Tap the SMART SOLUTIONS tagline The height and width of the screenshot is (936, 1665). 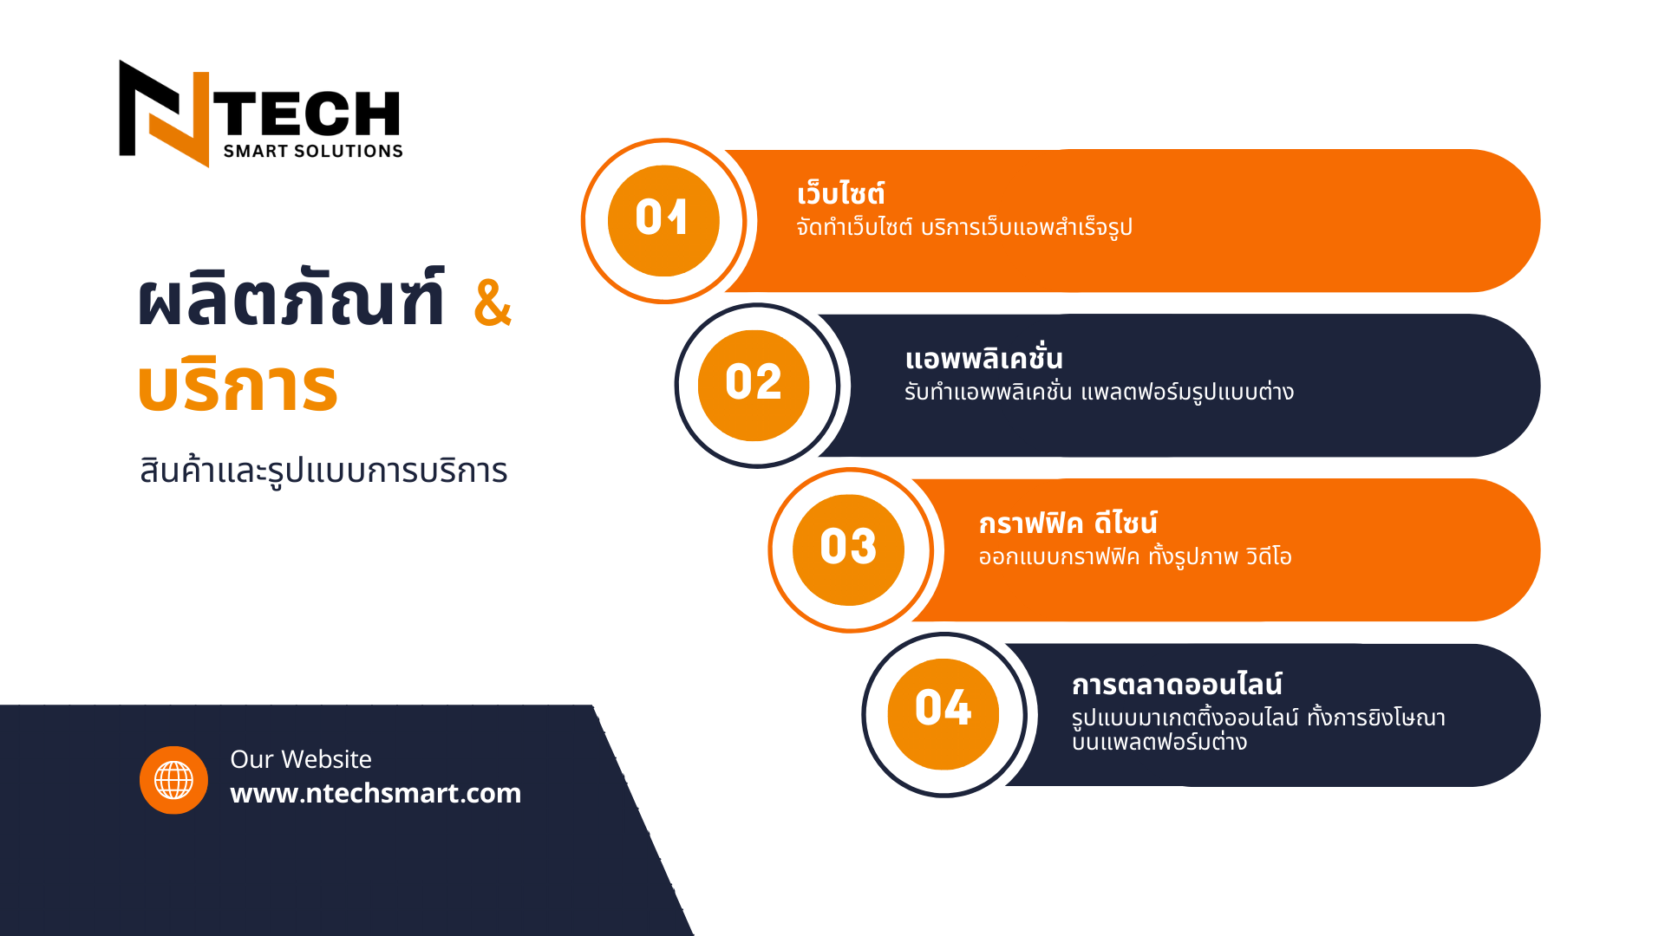click(313, 152)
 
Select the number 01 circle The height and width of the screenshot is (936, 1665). click(663, 221)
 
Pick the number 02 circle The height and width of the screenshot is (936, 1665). click(754, 385)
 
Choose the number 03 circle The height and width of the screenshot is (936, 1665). click(848, 549)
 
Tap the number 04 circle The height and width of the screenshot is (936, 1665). click(943, 714)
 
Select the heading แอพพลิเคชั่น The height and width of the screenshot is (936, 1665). click(983, 357)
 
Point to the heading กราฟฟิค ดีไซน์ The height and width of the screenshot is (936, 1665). click(1068, 523)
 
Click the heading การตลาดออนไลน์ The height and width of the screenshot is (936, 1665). click(1177, 684)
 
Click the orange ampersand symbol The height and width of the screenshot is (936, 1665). click(493, 302)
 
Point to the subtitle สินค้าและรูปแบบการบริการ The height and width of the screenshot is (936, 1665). click(323, 471)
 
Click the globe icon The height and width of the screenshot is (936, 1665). click(173, 780)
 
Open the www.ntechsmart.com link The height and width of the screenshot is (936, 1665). click(375, 793)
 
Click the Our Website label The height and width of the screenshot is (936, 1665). click(301, 759)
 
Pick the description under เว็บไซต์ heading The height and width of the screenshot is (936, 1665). click(964, 227)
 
